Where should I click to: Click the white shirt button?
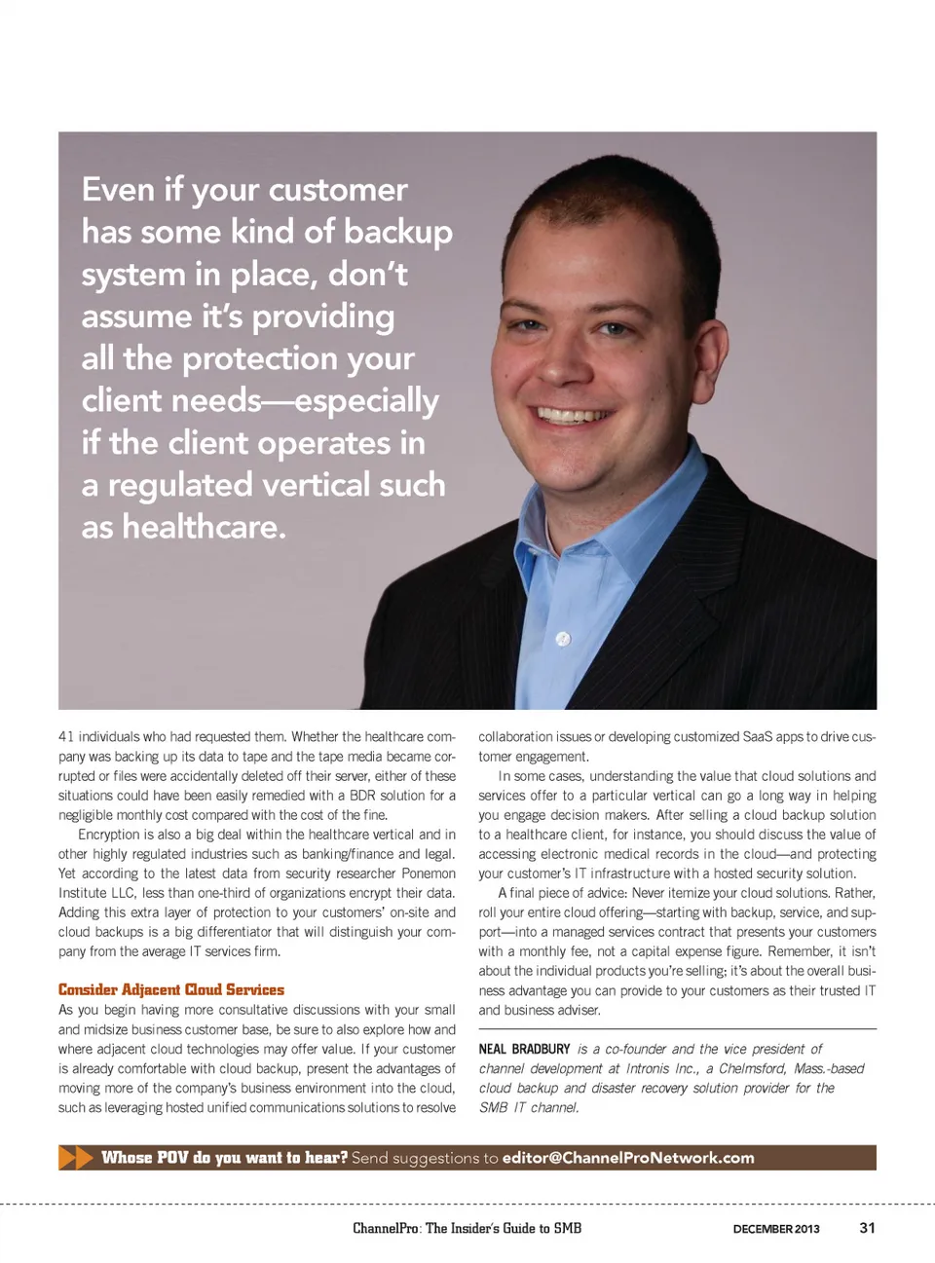(x=562, y=639)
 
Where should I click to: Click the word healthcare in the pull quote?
(x=204, y=527)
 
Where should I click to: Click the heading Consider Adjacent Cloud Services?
(x=171, y=990)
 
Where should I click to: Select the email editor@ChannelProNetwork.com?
(x=628, y=1158)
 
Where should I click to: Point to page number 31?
(x=867, y=1228)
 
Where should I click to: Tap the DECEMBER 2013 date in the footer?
(x=776, y=1229)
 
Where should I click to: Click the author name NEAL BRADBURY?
(x=524, y=1049)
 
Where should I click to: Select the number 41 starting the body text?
(x=66, y=737)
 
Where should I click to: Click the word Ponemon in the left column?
(x=429, y=873)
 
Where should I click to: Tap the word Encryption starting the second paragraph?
(x=109, y=835)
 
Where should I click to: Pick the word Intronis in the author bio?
(x=648, y=1068)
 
